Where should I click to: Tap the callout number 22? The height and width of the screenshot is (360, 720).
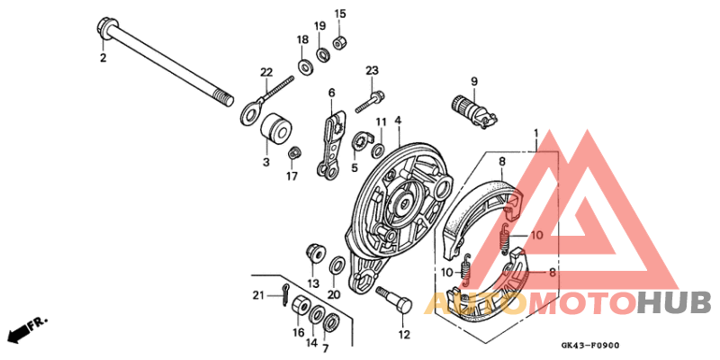[266, 73]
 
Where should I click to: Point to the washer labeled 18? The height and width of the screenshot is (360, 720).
[303, 67]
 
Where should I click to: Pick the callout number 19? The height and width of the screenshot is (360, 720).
[320, 25]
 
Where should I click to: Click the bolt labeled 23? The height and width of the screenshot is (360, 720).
[370, 103]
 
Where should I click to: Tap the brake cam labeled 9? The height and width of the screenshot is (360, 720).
[473, 112]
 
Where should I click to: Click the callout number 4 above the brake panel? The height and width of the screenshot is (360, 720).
[398, 121]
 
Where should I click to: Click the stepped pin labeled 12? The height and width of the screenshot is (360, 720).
[395, 302]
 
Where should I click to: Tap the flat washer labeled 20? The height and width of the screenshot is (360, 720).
[338, 265]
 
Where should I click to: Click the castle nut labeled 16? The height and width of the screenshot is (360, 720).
[300, 307]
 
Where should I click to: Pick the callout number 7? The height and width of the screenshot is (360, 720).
[326, 349]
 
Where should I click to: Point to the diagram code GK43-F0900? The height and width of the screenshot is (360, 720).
[590, 346]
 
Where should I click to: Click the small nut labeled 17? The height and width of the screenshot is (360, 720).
[294, 153]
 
